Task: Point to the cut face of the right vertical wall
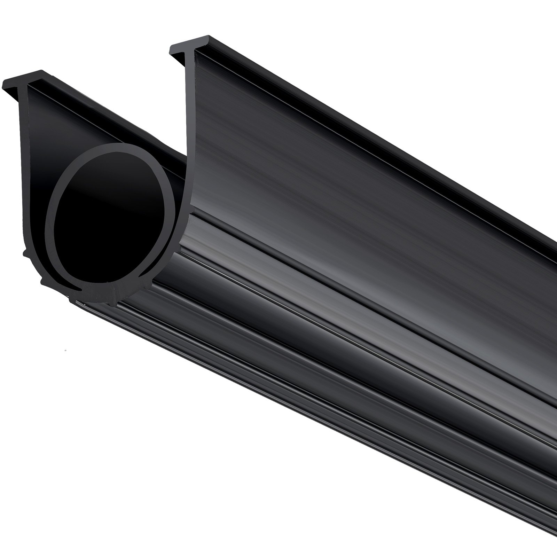click(190, 139)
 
